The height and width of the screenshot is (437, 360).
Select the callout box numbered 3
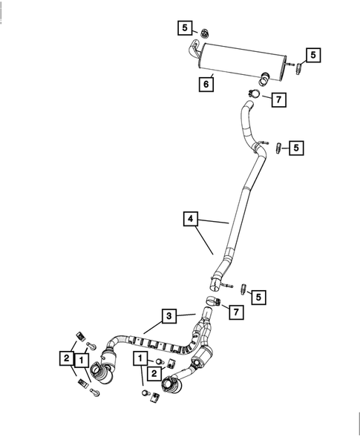(x=169, y=316)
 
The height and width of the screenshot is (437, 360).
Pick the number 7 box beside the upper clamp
(x=277, y=99)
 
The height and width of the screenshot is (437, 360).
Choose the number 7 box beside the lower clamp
(x=235, y=312)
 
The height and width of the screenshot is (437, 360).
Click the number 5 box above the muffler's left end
(x=183, y=28)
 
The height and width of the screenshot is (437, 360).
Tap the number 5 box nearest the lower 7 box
(x=258, y=297)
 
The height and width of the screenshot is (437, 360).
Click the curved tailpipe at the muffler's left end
(x=194, y=50)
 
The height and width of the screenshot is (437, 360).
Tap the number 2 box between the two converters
(x=152, y=374)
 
